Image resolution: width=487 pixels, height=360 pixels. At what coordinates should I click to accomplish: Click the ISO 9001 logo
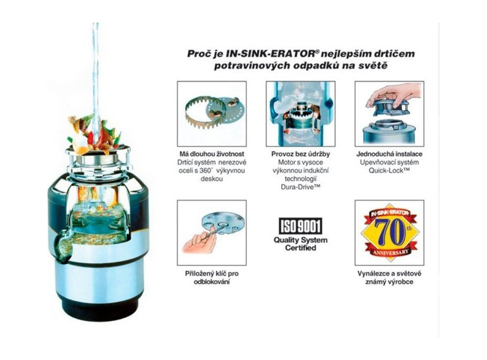point(301,226)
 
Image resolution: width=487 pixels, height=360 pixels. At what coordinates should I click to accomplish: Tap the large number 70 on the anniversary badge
point(389,232)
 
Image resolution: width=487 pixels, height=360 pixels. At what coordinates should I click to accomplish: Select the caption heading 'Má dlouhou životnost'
point(212,154)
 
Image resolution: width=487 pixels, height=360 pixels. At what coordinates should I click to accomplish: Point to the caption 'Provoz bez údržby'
point(301,154)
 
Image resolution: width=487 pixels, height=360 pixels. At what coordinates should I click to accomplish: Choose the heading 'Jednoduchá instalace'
point(389,154)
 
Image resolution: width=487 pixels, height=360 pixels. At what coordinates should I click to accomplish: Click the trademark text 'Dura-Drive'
point(301,187)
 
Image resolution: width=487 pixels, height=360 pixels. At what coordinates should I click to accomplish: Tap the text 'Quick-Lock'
point(389,170)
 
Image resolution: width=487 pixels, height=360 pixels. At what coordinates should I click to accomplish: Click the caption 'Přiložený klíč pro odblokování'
point(212,278)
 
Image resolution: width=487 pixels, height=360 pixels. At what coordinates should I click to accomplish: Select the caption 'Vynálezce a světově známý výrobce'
point(389,278)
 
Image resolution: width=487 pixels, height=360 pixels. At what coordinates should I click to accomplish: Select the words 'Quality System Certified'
point(301,244)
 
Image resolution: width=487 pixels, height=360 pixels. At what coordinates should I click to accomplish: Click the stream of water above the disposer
point(96,75)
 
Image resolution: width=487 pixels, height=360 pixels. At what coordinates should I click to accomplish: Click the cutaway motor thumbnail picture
point(301,114)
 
